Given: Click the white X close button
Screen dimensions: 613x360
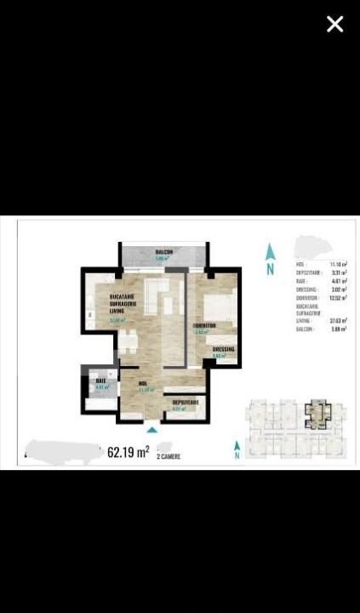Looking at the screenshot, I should tap(334, 25).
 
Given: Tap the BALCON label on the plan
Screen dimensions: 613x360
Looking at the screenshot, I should tap(164, 253).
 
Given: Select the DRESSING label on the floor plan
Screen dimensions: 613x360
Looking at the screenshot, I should tap(223, 349).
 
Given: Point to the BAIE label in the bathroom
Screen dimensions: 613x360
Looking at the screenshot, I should tap(100, 380).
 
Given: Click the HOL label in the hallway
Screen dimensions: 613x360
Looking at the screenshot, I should tap(145, 385).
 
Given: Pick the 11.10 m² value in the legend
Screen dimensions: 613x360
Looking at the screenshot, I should tap(335, 266).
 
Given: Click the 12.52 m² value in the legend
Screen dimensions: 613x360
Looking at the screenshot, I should tap(335, 298).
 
